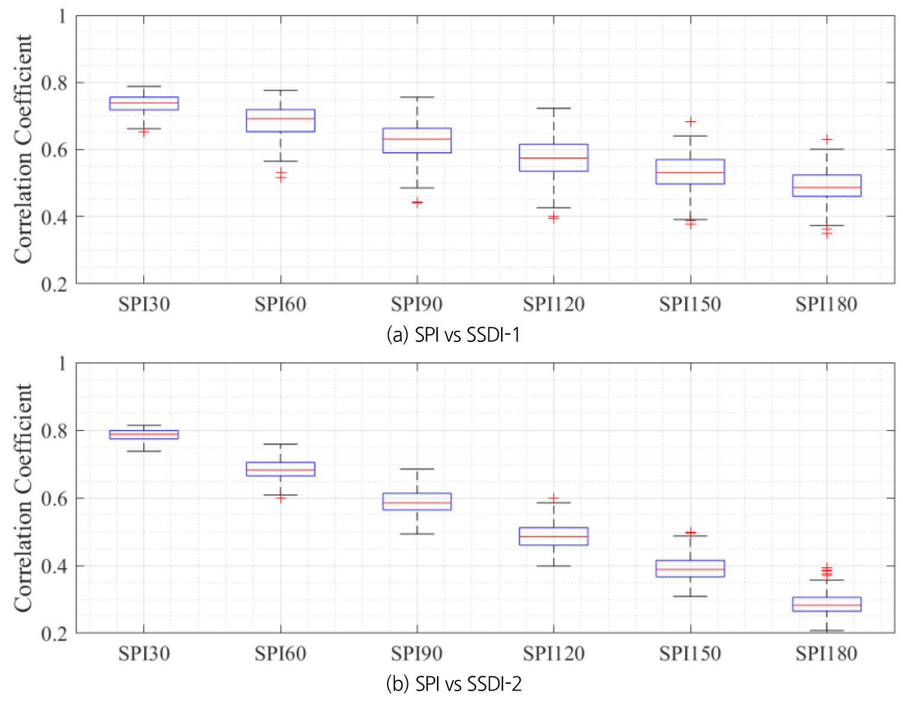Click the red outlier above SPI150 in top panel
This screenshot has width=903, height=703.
pyautogui.click(x=690, y=122)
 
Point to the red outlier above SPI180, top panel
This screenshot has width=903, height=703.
pyautogui.click(x=826, y=140)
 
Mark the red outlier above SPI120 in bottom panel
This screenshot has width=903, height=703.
pyautogui.click(x=553, y=498)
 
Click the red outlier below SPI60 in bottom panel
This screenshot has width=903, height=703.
pyautogui.click(x=280, y=498)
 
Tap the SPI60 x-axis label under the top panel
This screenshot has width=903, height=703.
pyautogui.click(x=280, y=305)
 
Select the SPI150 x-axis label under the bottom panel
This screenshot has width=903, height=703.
pyautogui.click(x=690, y=654)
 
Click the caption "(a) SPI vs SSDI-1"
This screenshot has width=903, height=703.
pyautogui.click(x=453, y=335)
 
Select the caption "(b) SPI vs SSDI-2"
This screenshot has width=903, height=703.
pyautogui.click(x=454, y=684)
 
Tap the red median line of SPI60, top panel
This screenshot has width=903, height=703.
pyautogui.click(x=280, y=118)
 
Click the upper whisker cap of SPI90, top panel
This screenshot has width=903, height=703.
pyautogui.click(x=417, y=97)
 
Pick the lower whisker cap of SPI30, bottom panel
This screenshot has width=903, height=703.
pyautogui.click(x=144, y=451)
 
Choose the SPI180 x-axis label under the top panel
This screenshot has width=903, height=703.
pyautogui.click(x=826, y=305)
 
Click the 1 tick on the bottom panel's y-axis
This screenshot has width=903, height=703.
pyautogui.click(x=62, y=363)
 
